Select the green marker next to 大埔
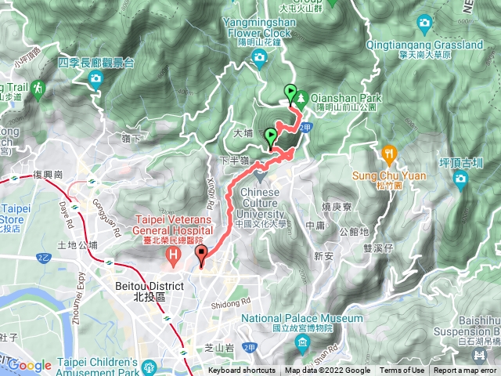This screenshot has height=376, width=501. point(272,136)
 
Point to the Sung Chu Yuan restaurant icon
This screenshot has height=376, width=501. point(389,153)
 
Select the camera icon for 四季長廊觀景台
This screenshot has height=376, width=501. point(96,78)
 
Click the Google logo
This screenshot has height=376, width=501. point(30,365)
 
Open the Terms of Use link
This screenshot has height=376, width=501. point(402,371)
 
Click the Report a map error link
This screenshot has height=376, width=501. point(466,371)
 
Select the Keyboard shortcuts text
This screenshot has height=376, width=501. point(241,371)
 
